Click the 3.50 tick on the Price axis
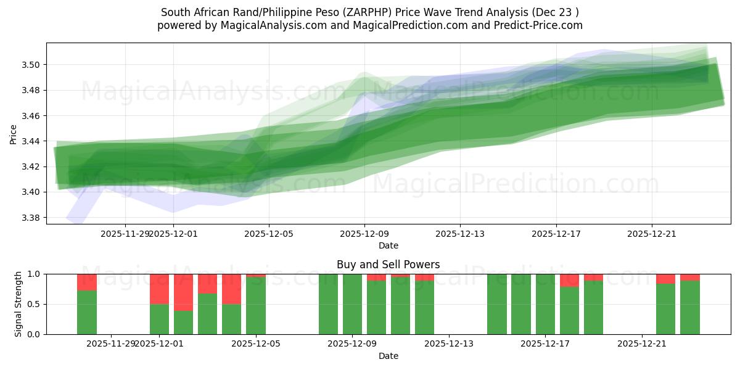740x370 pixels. click(x=31, y=65)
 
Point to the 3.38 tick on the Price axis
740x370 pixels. click(x=31, y=218)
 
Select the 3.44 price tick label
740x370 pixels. click(x=31, y=141)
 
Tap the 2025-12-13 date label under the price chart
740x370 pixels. click(x=460, y=234)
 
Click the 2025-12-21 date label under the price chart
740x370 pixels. click(x=652, y=234)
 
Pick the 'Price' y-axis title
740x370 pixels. click(x=14, y=134)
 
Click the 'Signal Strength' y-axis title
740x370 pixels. click(x=18, y=304)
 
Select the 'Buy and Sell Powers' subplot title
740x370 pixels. click(x=388, y=265)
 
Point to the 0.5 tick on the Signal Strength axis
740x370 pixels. click(x=35, y=304)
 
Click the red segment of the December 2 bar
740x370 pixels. click(x=183, y=292)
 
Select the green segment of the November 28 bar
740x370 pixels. click(x=87, y=312)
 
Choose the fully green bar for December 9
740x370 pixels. click(x=352, y=304)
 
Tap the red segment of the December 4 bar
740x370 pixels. click(x=231, y=289)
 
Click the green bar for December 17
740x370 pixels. click(x=545, y=304)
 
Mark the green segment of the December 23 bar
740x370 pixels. click(x=690, y=307)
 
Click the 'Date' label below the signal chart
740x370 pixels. click(x=388, y=356)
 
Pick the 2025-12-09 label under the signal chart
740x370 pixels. click(x=352, y=343)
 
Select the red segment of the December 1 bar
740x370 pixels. click(x=159, y=289)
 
